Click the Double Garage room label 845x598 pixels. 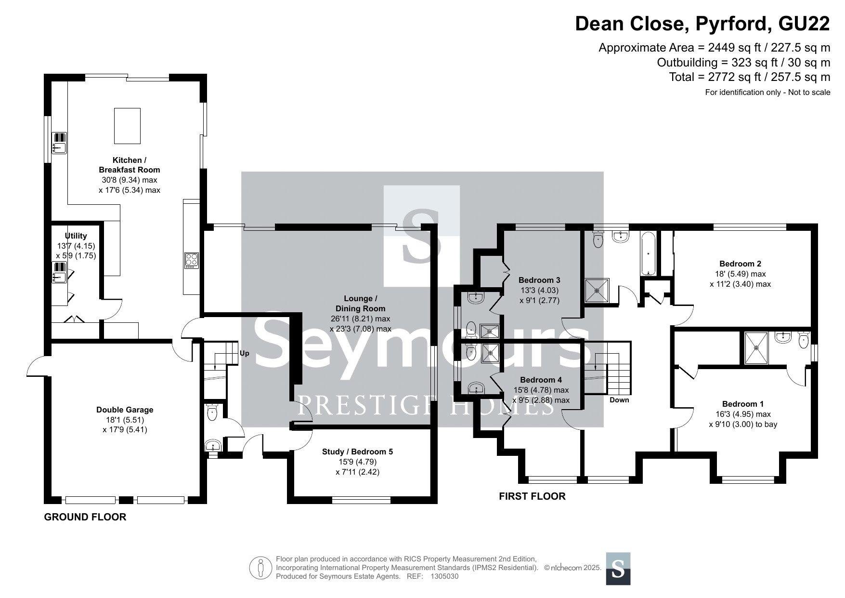click(x=125, y=410)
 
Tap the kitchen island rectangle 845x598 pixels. click(x=128, y=126)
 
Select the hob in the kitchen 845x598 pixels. click(x=191, y=260)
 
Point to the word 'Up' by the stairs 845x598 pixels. click(x=245, y=353)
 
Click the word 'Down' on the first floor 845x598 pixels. click(x=619, y=400)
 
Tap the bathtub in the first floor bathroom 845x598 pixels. click(x=648, y=253)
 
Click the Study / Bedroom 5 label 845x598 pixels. click(x=357, y=452)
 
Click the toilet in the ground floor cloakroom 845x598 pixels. click(x=212, y=412)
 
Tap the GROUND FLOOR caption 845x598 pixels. click(x=85, y=517)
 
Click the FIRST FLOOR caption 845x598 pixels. click(x=532, y=496)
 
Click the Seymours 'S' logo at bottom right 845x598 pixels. click(x=618, y=569)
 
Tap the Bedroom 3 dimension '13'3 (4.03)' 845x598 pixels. click(x=539, y=290)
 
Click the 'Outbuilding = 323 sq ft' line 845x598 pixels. click(x=743, y=62)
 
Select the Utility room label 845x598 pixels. click(x=76, y=236)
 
